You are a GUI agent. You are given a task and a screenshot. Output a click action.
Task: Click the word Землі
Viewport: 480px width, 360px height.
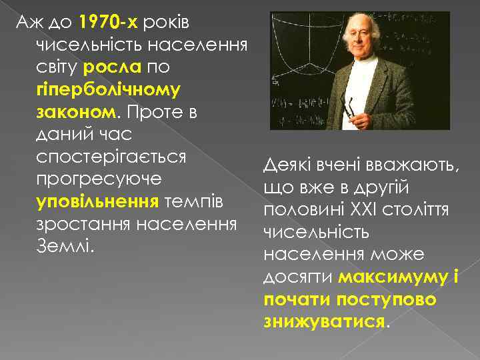(63, 245)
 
